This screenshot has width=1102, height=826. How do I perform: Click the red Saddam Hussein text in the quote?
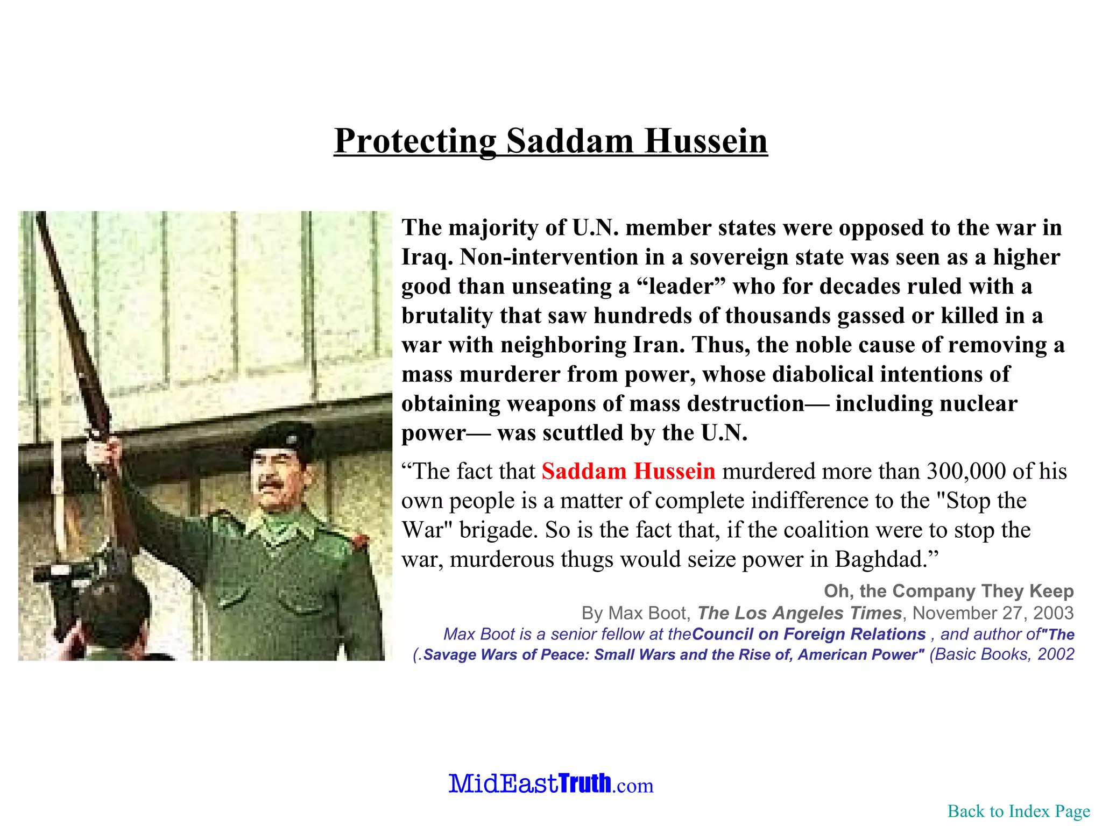click(628, 471)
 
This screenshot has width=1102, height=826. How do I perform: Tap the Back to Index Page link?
click(1019, 811)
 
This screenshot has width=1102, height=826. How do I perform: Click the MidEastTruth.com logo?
click(551, 784)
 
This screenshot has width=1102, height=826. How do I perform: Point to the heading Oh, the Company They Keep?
click(949, 591)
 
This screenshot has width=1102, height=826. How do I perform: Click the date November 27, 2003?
click(993, 613)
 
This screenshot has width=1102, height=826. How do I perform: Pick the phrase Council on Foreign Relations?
click(808, 634)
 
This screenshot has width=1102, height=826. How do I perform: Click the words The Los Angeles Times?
click(799, 613)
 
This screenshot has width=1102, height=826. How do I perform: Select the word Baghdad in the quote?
click(882, 559)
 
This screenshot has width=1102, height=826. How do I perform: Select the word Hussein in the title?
click(706, 141)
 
